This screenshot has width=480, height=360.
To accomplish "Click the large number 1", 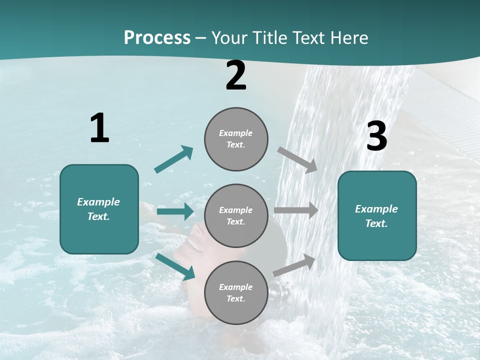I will click(x=99, y=128).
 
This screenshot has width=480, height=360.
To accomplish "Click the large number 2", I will click(x=236, y=75).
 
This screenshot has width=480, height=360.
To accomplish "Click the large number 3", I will click(x=376, y=136).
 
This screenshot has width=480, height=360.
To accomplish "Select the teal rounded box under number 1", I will click(x=99, y=209).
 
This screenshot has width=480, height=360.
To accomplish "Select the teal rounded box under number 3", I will click(x=377, y=215).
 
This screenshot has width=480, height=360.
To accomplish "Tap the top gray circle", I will click(x=236, y=139).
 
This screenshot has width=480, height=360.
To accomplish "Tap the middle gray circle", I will click(x=236, y=215).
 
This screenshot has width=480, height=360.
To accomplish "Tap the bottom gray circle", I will click(x=236, y=292).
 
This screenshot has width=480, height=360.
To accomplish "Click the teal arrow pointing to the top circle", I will click(x=174, y=159).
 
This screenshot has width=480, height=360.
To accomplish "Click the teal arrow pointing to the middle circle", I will click(x=175, y=211).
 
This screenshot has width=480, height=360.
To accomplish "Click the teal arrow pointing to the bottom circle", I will click(x=175, y=266).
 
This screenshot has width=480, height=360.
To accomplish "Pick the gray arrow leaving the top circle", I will click(x=298, y=159).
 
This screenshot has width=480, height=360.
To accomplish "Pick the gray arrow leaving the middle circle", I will click(x=296, y=210).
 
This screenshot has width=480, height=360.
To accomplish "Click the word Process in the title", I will click(x=157, y=37).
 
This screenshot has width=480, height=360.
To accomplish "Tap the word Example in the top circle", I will click(x=235, y=133).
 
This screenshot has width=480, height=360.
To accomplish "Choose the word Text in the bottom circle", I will click(x=235, y=298).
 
